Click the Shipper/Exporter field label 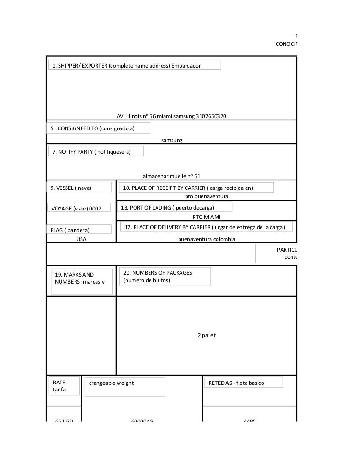(x=134, y=65)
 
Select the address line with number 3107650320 (x=171, y=116)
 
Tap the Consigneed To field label (x=98, y=128)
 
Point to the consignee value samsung (x=172, y=140)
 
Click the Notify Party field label (x=96, y=151)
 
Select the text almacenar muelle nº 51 (x=171, y=176)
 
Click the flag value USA (x=81, y=239)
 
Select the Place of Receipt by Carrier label (x=195, y=188)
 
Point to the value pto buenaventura (x=206, y=196)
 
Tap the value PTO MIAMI (x=206, y=217)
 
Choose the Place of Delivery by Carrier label (x=206, y=227)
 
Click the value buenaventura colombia (x=206, y=239)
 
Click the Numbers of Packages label (x=164, y=276)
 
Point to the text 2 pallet (x=206, y=336)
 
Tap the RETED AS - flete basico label (x=243, y=383)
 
